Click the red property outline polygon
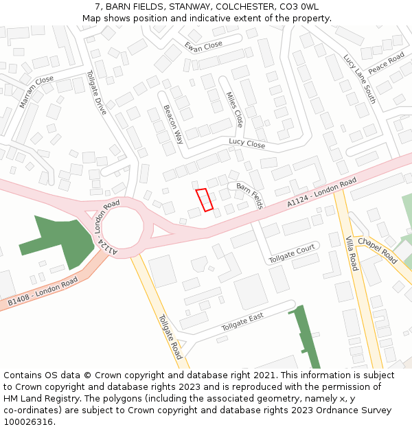point(204,200)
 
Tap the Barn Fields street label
point(250,196)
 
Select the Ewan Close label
point(203,45)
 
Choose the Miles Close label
point(235,110)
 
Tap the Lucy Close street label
point(247,144)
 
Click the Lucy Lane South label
point(360,78)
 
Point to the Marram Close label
point(36,91)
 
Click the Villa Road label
point(352,252)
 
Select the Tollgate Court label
point(292,253)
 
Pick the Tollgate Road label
point(170,337)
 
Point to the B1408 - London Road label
point(43,293)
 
